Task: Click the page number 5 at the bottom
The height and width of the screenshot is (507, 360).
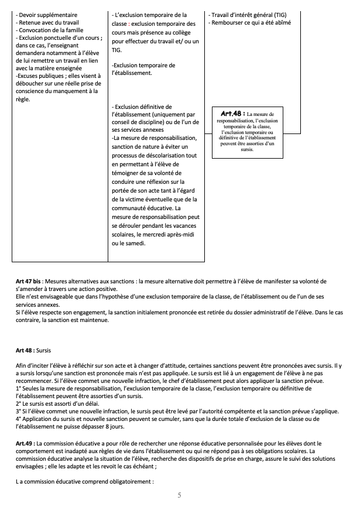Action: coord(180,495)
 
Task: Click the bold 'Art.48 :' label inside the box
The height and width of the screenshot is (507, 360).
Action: coord(232,113)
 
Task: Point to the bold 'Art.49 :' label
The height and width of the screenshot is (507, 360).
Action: coord(26,444)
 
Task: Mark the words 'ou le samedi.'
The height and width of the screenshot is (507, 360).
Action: coord(130,243)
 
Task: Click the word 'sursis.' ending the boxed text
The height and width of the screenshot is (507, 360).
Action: coord(246,150)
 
